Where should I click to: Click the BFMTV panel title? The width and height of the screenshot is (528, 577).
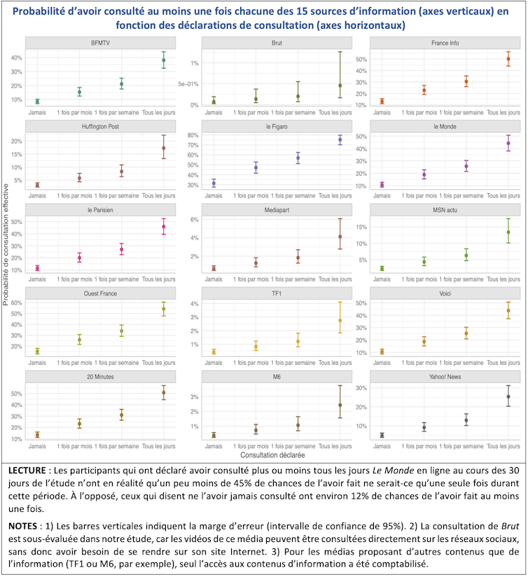pyautogui.click(x=100, y=43)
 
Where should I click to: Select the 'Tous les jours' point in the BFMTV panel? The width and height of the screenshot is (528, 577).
pyautogui.click(x=163, y=60)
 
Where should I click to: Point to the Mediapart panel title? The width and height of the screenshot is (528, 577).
pyautogui.click(x=276, y=209)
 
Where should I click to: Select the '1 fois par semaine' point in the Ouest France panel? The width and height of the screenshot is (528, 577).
pyautogui.click(x=121, y=331)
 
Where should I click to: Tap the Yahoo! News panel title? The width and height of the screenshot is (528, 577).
pyautogui.click(x=444, y=376)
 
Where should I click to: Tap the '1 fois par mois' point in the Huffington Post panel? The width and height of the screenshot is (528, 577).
pyautogui.click(x=79, y=178)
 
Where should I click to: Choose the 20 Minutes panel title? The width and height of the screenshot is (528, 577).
pyautogui.click(x=100, y=376)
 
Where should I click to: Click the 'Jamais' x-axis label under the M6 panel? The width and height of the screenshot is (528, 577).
pyautogui.click(x=214, y=445)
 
